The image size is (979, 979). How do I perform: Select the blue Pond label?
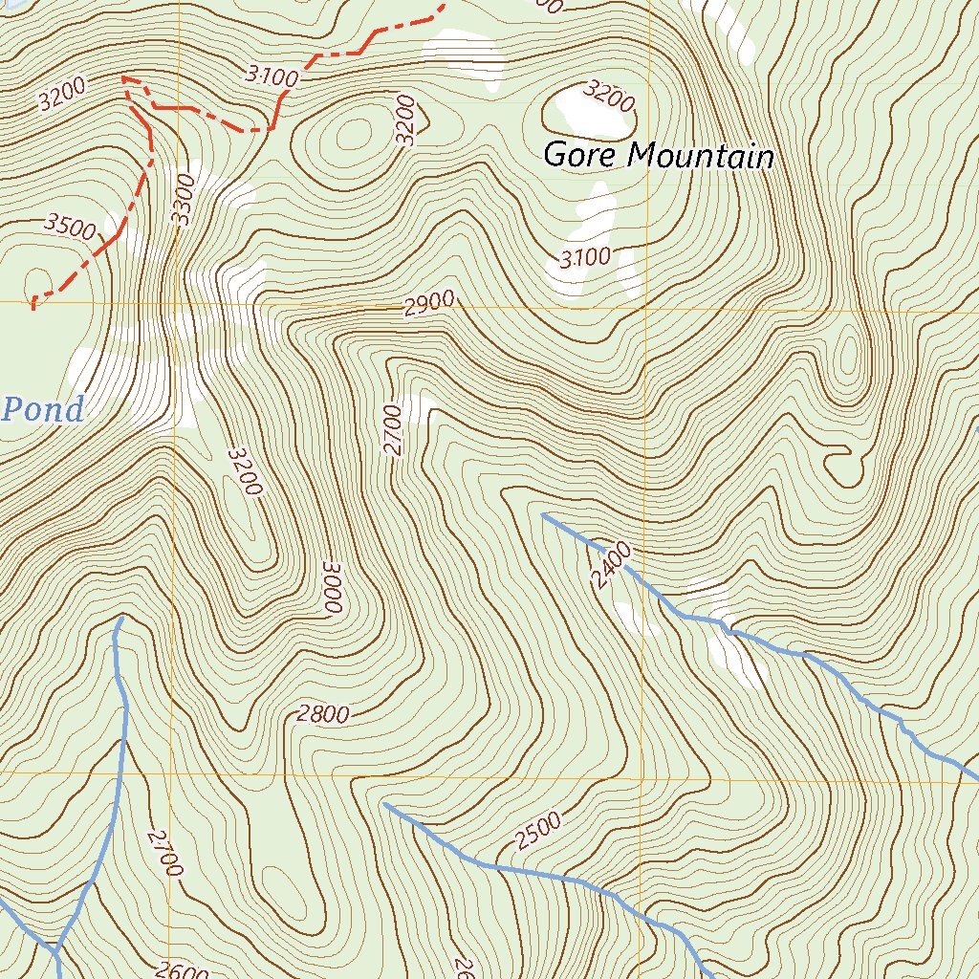click(x=43, y=410)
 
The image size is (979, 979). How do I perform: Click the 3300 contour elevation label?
click(x=183, y=198)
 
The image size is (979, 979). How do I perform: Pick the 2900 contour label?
click(x=428, y=304)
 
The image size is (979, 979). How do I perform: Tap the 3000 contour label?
click(x=332, y=586)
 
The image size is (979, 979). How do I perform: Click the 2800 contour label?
click(x=323, y=714)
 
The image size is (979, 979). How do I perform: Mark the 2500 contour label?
click(x=538, y=831)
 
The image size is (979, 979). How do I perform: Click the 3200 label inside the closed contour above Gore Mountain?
click(x=608, y=95)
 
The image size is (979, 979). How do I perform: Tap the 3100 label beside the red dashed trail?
click(x=272, y=76)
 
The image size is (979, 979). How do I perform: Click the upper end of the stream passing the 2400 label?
click(x=543, y=514)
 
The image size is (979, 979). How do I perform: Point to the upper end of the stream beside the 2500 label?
click(x=384, y=804)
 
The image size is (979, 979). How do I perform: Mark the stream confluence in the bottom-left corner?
click(x=55, y=950)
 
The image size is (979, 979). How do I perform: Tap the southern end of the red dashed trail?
click(x=33, y=308)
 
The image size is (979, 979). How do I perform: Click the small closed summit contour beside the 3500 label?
click(x=39, y=281)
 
